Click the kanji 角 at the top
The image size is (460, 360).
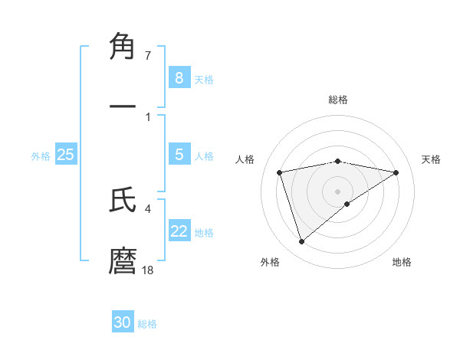click(x=123, y=47)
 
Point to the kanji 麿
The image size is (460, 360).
click(x=123, y=260)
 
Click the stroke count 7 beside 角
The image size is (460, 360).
click(x=147, y=56)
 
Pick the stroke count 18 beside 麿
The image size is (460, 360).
click(x=148, y=270)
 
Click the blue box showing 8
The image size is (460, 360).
click(x=179, y=78)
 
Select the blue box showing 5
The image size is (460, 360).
click(x=179, y=155)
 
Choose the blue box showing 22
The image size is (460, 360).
click(x=179, y=231)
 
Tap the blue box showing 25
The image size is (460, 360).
click(x=65, y=155)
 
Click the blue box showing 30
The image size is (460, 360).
click(x=123, y=322)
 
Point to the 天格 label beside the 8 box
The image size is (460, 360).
click(x=204, y=79)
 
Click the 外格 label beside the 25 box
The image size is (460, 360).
click(x=41, y=155)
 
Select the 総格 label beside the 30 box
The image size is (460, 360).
click(x=147, y=323)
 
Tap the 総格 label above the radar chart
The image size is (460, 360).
click(x=338, y=100)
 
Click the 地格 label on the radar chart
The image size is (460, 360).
click(x=402, y=263)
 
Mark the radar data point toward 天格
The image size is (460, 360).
click(x=396, y=172)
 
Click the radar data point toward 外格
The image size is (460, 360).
click(x=302, y=242)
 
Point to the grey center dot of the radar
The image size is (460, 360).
click(x=338, y=191)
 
